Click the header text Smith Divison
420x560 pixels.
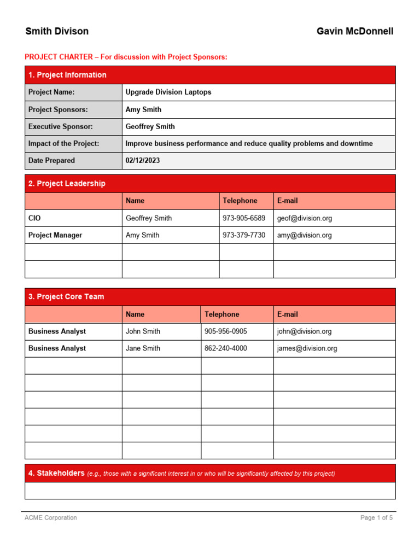(x=57, y=31)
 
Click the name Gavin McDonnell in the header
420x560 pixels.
(x=355, y=31)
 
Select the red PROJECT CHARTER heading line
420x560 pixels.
(x=126, y=57)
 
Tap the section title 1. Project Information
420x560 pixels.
(x=67, y=75)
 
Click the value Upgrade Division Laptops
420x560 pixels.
(x=168, y=92)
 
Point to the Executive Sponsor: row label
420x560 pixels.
(x=61, y=126)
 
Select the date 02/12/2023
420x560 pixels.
(x=143, y=161)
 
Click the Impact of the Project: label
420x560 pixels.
(x=63, y=143)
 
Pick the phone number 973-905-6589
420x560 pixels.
(x=244, y=218)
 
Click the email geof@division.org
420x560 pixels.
(x=304, y=218)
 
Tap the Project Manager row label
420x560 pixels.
(x=55, y=235)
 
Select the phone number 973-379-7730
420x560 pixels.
(x=244, y=235)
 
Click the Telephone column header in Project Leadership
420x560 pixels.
(x=240, y=201)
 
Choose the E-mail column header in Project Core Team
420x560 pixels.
(x=288, y=314)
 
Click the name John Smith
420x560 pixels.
(x=143, y=331)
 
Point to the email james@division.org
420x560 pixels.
(x=307, y=348)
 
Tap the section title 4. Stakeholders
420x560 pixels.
(x=56, y=473)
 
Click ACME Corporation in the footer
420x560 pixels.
(x=51, y=517)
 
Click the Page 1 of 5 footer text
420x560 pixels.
(x=376, y=517)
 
